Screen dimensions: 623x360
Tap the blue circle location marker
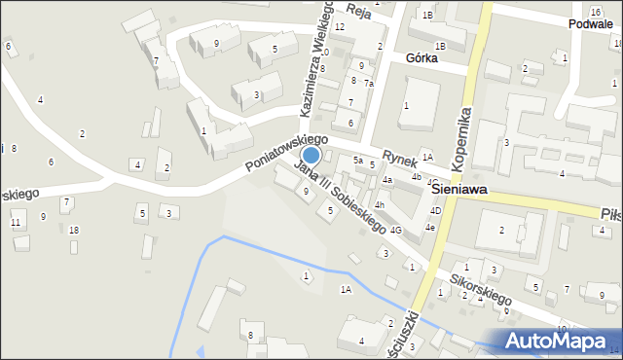point(311,155)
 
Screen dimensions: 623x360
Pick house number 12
point(340,26)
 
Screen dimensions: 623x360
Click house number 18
point(74,230)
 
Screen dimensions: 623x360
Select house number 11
point(15,223)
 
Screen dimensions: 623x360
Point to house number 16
point(595,11)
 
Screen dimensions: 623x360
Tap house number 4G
point(395,231)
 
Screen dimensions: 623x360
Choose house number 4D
point(436,211)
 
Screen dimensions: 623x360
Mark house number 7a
point(369,84)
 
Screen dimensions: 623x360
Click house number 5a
point(358,160)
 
